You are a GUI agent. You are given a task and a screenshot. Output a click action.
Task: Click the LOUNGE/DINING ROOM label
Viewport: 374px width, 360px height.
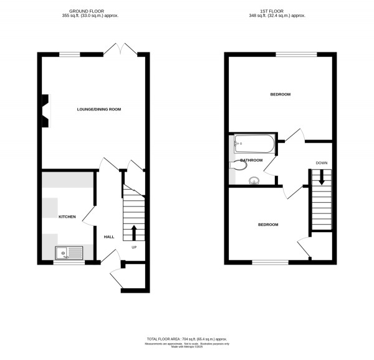[98, 109]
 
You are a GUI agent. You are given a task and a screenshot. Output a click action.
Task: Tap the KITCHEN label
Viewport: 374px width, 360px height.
[67, 217]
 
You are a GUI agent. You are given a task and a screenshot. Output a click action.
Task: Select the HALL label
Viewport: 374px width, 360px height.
[108, 237]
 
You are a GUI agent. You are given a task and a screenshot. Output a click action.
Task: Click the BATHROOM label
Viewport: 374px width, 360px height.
[251, 160]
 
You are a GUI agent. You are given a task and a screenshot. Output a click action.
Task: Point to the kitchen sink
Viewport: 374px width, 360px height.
[69, 253]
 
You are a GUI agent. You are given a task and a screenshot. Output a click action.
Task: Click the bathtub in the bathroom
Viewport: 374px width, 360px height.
[254, 145]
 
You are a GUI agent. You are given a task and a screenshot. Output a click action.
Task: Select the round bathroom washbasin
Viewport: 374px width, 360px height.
[254, 182]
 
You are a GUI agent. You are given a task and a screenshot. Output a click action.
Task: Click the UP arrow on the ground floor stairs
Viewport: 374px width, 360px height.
[133, 232]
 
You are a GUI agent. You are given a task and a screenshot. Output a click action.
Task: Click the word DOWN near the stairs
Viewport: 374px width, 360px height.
[322, 163]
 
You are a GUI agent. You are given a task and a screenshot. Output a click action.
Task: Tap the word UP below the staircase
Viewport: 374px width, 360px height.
[133, 247]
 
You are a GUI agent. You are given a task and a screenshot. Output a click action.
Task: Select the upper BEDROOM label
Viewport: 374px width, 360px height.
[280, 95]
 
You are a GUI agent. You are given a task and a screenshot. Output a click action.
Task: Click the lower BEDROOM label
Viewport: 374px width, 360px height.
[268, 225]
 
